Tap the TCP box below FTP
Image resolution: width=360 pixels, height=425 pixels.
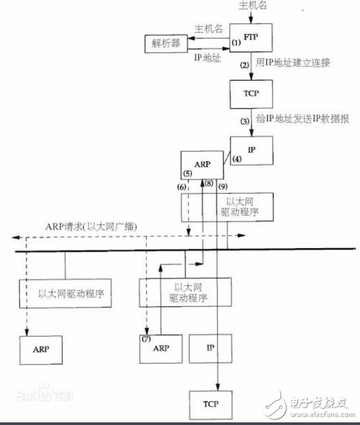250,93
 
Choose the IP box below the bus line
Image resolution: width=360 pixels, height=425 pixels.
211,346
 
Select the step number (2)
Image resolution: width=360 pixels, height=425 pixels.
245,65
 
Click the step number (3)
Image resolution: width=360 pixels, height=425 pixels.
245,121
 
